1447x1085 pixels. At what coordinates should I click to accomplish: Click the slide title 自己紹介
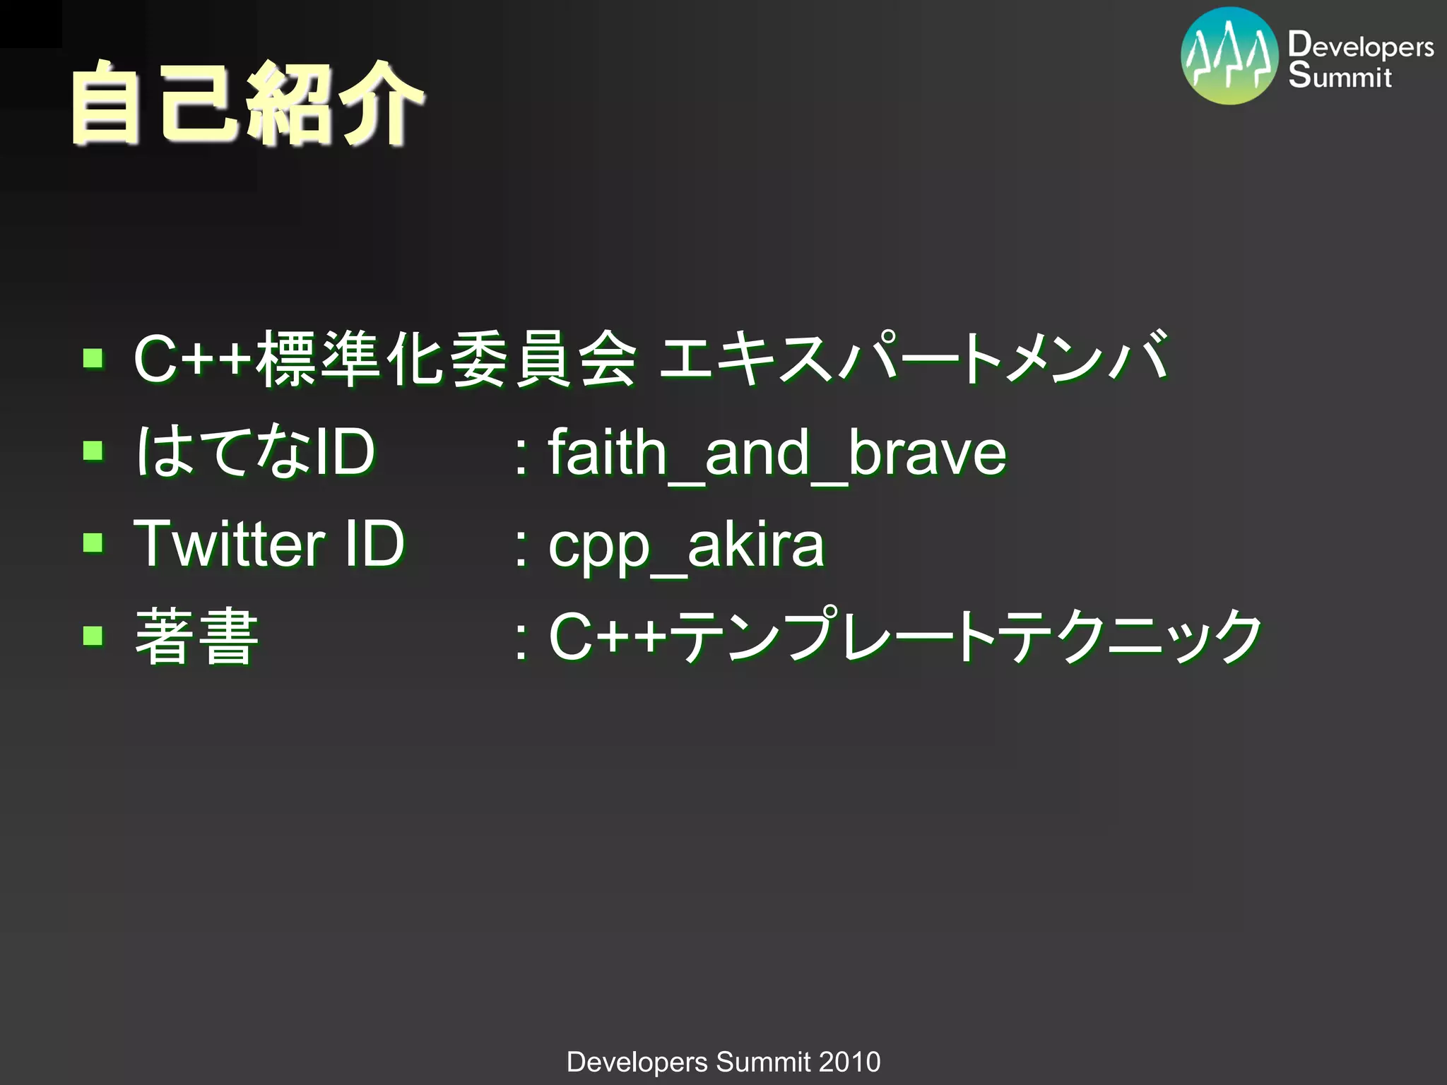247,104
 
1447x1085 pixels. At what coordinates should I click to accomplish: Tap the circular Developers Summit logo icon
1229,57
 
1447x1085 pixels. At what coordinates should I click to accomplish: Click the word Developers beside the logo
1360,46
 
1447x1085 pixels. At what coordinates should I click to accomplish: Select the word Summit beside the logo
1340,76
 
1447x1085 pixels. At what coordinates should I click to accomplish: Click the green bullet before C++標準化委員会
93,358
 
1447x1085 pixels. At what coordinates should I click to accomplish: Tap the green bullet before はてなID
93,450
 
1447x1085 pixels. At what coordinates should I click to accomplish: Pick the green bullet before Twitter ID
93,542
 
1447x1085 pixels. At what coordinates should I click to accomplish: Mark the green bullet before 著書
93,635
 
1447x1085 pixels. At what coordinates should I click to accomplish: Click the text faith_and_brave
777,453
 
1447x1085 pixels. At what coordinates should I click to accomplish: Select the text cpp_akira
686,545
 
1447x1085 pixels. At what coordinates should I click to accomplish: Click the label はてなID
254,451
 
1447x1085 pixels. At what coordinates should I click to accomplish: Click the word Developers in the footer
637,1062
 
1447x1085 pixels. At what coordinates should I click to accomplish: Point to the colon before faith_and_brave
521,456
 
